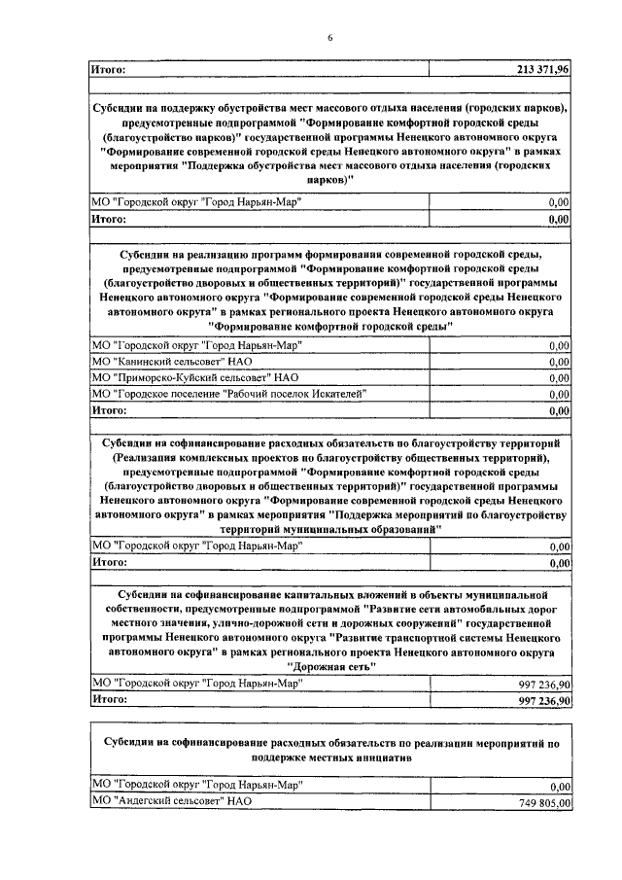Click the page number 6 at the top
pos(329,37)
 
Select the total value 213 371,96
pos(544,69)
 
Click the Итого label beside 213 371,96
pos(108,69)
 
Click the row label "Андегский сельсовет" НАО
pos(171,802)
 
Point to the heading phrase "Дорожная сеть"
pos(329,668)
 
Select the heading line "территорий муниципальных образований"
pos(329,528)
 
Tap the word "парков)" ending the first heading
pos(329,181)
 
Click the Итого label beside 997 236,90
pos(108,700)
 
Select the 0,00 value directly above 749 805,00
pos(558,787)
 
